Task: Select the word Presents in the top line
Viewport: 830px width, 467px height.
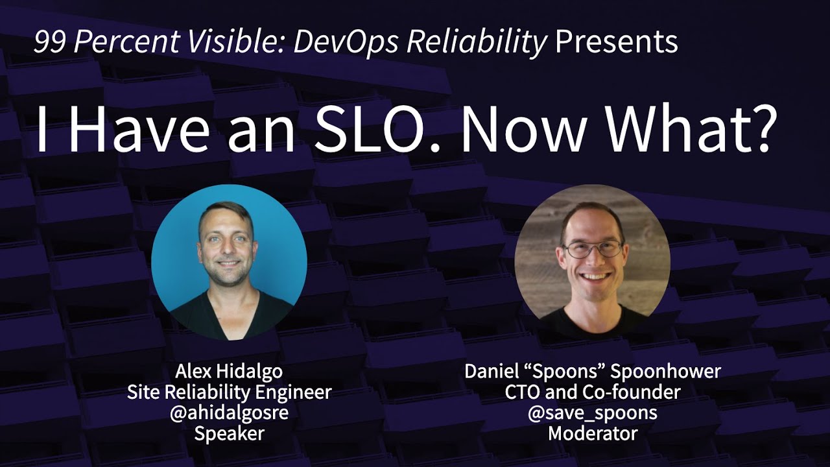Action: [x=616, y=43]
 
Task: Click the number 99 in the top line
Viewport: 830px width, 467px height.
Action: [x=51, y=43]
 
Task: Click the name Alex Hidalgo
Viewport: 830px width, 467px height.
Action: [x=229, y=372]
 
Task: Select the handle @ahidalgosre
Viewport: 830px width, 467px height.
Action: [x=229, y=413]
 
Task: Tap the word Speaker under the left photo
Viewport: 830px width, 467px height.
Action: [x=229, y=434]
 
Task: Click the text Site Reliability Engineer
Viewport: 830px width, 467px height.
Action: [x=229, y=392]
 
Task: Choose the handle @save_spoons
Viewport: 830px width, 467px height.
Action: [x=593, y=413]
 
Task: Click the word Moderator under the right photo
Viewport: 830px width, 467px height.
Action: [x=593, y=434]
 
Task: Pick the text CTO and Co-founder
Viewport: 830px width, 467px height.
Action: [x=593, y=392]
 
